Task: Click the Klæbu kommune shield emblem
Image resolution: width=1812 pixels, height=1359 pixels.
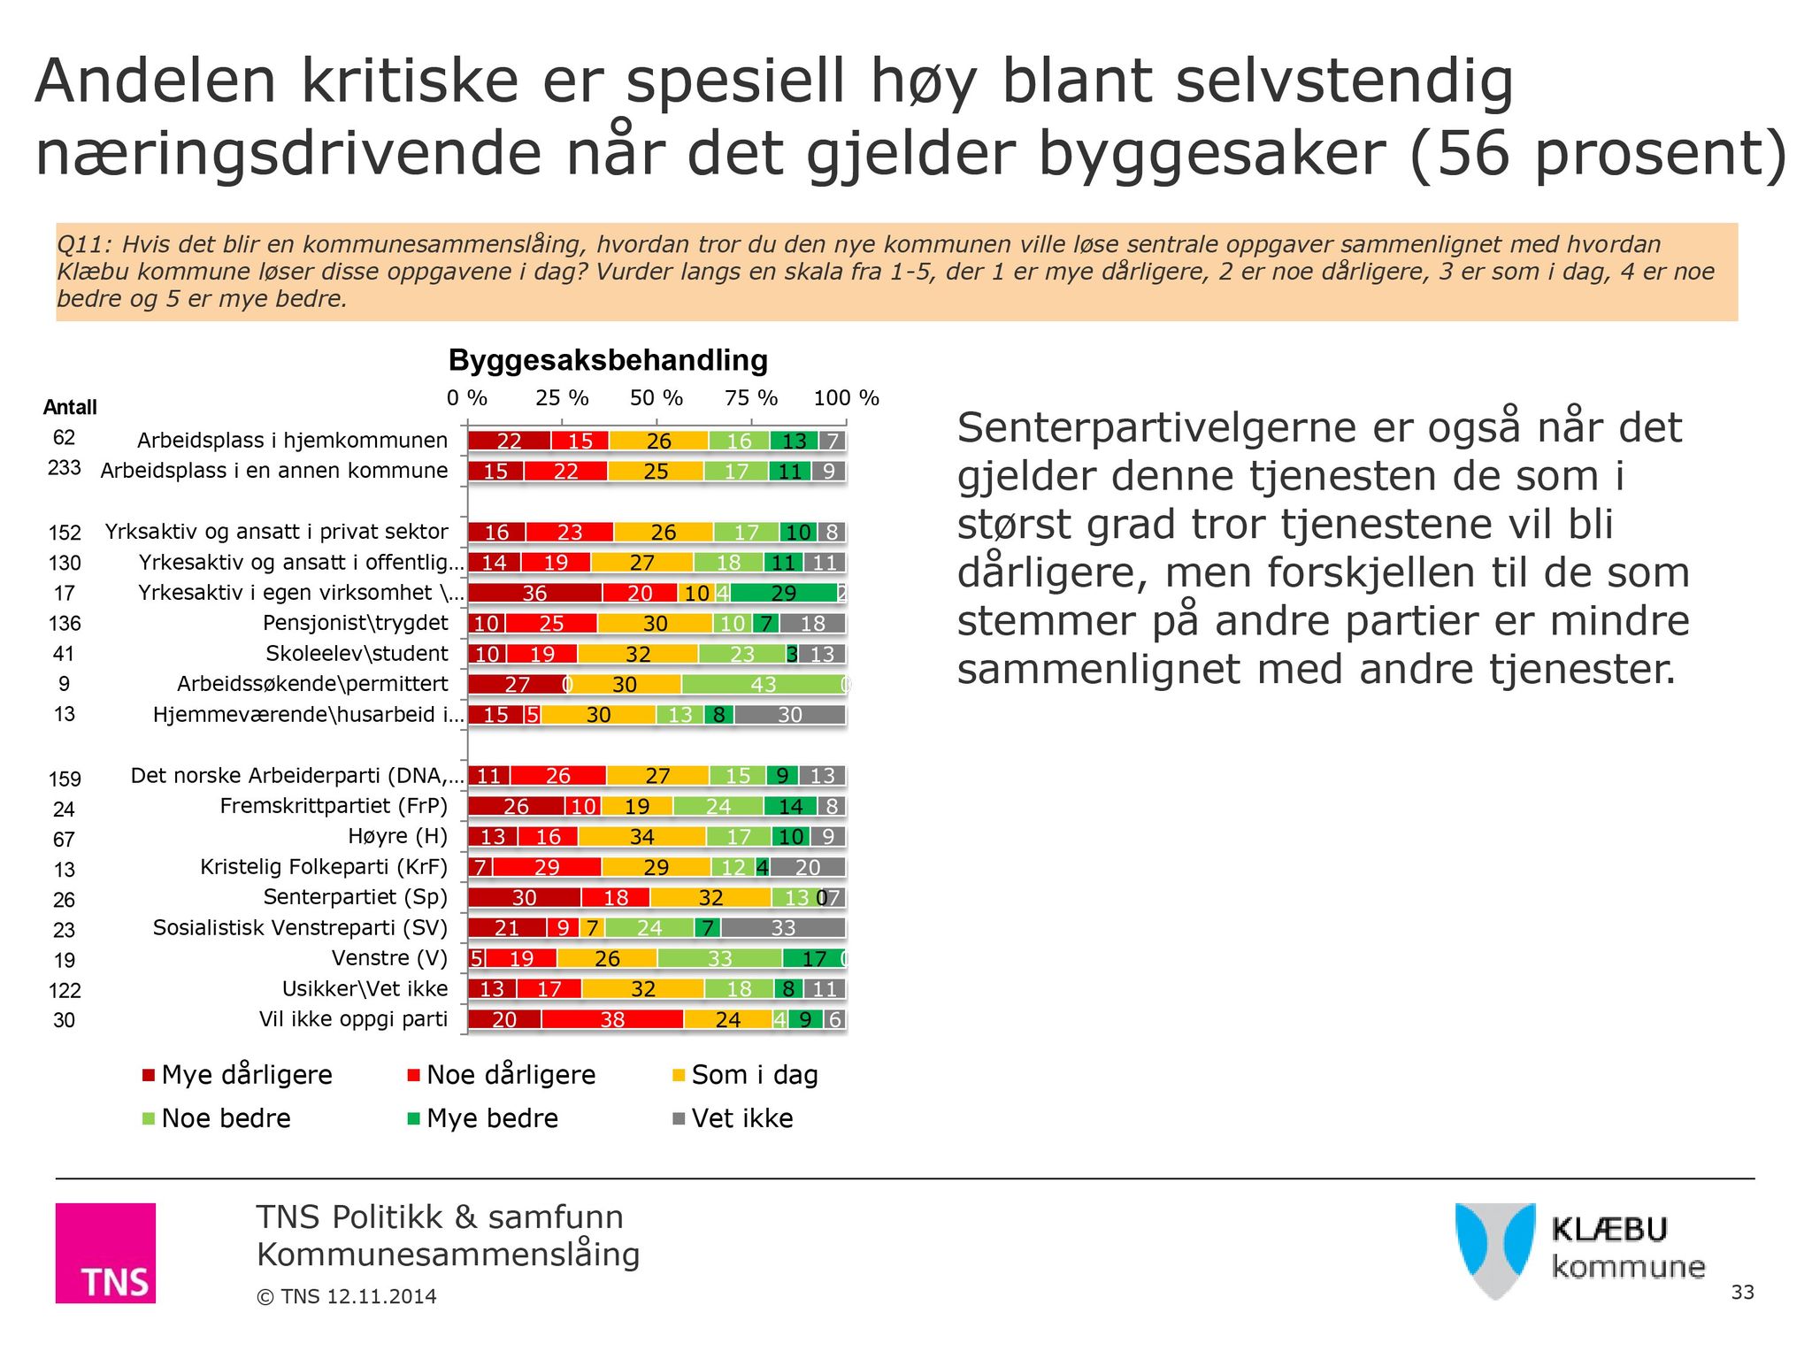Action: click(1494, 1249)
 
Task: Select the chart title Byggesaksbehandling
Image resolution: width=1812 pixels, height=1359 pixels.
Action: click(608, 360)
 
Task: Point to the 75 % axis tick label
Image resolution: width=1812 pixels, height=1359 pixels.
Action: click(750, 398)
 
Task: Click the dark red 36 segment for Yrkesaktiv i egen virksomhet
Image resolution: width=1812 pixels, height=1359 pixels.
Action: click(534, 593)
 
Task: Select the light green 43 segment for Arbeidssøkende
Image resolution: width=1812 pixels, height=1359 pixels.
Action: click(763, 684)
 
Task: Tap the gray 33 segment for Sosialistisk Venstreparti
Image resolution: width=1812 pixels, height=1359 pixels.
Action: click(783, 928)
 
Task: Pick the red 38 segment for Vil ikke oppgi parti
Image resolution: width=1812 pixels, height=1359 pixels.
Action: click(612, 1019)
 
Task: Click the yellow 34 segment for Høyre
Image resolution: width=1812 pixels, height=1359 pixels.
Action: click(641, 837)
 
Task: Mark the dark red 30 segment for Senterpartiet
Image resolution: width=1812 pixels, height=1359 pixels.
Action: click(524, 898)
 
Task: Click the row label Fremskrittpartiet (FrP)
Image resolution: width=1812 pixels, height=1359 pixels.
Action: click(334, 806)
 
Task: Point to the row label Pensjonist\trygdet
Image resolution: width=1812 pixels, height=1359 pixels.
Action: click(355, 623)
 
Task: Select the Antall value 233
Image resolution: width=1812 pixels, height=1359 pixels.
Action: click(64, 468)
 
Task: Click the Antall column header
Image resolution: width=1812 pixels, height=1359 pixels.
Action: click(70, 407)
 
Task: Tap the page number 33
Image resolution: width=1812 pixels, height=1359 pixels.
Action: click(1742, 1292)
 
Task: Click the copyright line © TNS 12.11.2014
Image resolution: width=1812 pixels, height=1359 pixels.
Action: click(346, 1296)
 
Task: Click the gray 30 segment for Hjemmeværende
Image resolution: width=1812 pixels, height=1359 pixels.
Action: click(789, 715)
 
